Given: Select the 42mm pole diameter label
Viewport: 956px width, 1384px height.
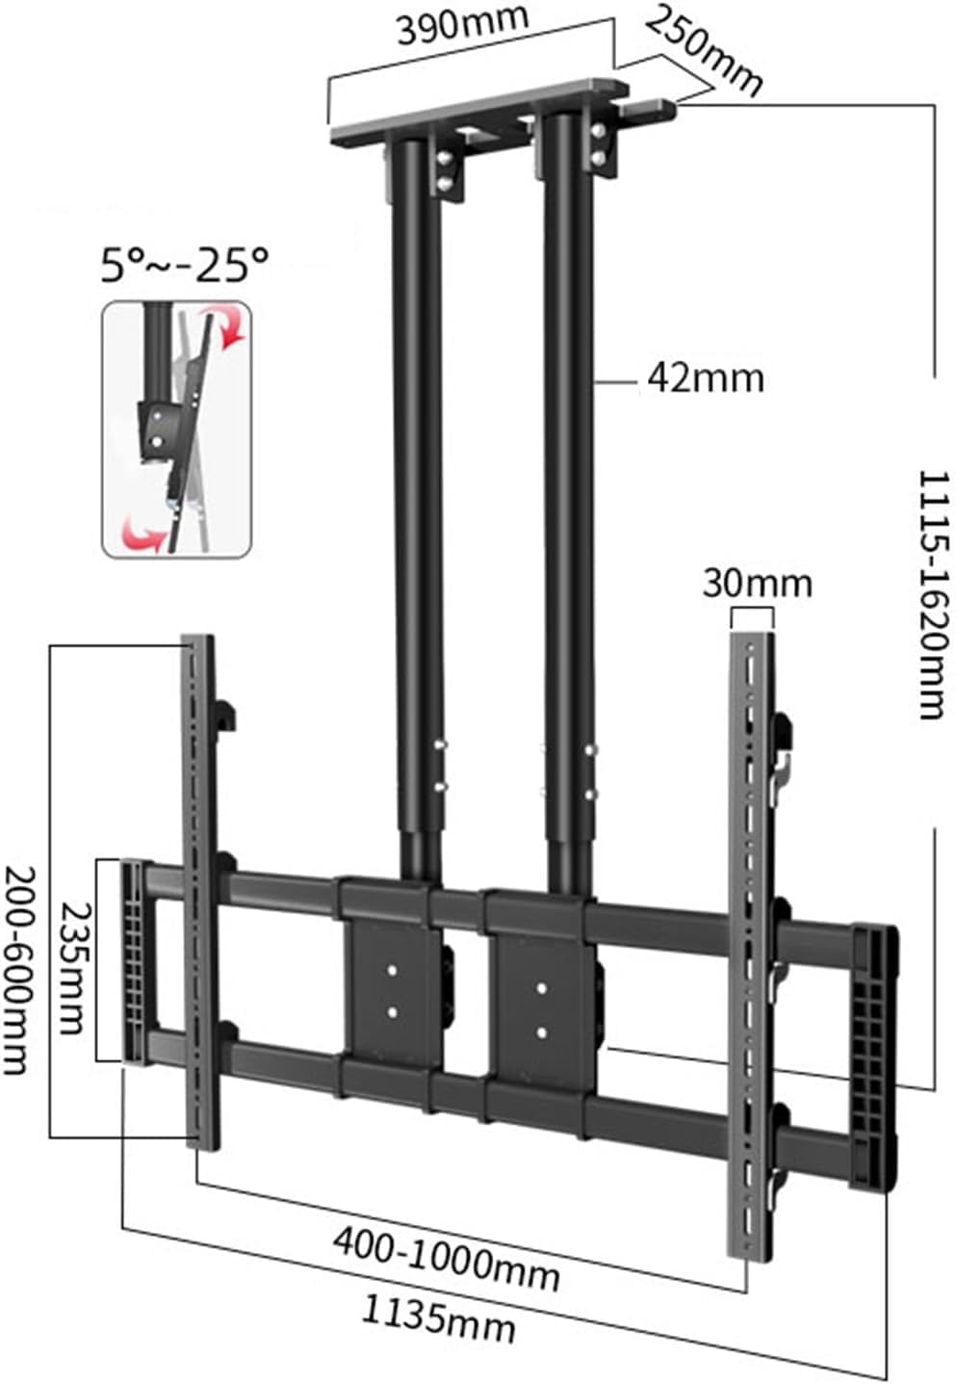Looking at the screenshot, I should [x=706, y=379].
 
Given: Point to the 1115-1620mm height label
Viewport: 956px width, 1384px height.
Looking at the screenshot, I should [x=932, y=594].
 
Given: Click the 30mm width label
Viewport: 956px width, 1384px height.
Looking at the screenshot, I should [x=757, y=584].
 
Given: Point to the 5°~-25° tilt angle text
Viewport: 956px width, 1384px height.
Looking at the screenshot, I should [x=185, y=264].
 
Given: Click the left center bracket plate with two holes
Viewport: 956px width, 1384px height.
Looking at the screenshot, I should [x=393, y=991].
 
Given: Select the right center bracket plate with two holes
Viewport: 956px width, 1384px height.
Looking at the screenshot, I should [x=541, y=1009].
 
